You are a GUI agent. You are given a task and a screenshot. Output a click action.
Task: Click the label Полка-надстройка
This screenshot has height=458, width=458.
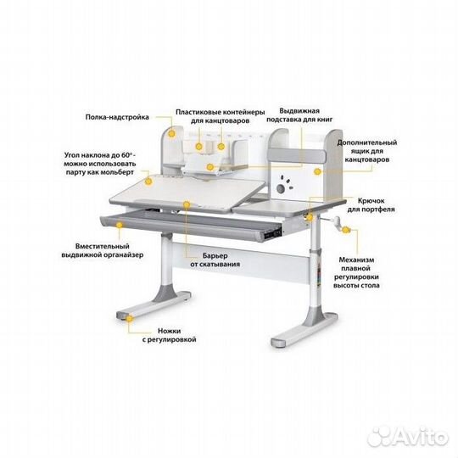point(117,117)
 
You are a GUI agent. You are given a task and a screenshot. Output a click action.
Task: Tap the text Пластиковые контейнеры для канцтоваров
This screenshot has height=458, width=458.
point(221,116)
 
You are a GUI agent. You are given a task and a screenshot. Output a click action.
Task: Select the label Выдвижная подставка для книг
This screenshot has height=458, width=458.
point(299,115)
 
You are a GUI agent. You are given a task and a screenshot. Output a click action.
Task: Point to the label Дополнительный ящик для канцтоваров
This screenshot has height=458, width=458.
point(367,151)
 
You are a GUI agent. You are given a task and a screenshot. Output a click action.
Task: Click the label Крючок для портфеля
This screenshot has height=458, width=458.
point(371,204)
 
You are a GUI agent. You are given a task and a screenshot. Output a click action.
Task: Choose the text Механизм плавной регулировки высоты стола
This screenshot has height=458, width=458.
point(356,272)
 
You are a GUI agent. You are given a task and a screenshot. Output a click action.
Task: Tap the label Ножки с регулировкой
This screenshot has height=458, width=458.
point(169,335)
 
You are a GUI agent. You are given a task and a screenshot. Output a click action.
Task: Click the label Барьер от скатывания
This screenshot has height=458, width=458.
point(215,260)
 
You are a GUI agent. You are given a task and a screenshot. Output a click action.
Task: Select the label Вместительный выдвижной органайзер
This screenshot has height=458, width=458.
point(103,250)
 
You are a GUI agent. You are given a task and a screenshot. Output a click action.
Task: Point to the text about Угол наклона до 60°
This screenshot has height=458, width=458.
point(100,164)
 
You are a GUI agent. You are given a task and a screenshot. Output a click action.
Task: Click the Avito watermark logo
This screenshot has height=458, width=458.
point(408,437)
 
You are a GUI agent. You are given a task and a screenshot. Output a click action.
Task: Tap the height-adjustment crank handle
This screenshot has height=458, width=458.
point(336,222)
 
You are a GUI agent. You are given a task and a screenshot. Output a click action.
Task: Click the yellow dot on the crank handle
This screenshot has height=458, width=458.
point(345,230)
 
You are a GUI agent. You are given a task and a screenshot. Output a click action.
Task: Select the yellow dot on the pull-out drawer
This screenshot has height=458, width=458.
point(120,225)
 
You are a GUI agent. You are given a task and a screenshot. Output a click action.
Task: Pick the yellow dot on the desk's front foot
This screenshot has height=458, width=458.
point(130,319)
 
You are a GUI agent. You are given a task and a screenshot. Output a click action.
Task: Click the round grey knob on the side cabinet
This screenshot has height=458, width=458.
point(281,188)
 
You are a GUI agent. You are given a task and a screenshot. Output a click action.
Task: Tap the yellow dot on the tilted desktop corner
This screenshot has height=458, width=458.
point(148,182)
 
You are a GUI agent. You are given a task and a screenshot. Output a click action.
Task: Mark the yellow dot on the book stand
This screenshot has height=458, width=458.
point(209,167)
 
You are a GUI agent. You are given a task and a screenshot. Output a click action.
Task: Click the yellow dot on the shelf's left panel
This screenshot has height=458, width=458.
point(171,134)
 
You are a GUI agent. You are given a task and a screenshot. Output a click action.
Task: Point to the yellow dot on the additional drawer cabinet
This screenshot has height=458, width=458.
point(317,171)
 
